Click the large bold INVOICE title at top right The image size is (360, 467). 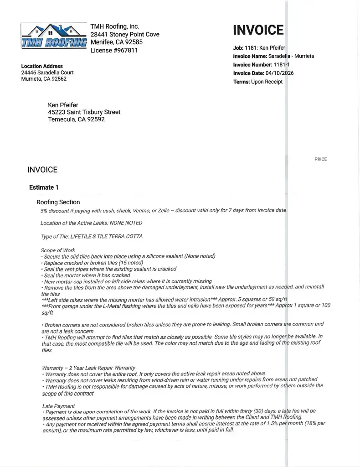click(258, 30)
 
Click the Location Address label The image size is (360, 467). click(42, 66)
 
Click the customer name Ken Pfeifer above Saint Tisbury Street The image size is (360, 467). click(63, 105)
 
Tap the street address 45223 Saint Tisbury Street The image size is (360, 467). click(84, 112)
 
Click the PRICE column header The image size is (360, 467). click(320, 159)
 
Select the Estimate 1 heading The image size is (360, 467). click(44, 187)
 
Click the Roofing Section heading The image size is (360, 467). click(58, 202)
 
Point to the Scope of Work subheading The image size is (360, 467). click(58, 250)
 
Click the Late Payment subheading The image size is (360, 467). click(58, 406)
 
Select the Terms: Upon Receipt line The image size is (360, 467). click(257, 82)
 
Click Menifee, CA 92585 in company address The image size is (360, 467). click(116, 42)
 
